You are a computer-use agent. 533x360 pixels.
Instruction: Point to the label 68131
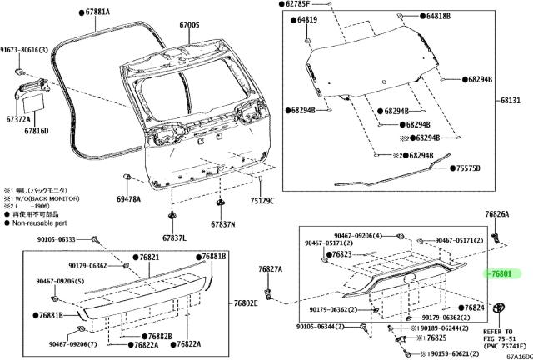(510, 100)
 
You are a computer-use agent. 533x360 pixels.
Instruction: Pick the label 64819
(307, 18)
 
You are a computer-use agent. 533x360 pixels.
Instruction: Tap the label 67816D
(37, 131)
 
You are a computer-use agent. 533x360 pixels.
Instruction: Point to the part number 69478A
(128, 199)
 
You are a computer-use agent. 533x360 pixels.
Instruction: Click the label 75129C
(262, 200)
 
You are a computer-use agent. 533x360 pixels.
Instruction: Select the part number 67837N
(222, 224)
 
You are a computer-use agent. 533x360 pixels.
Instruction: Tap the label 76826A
(497, 214)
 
